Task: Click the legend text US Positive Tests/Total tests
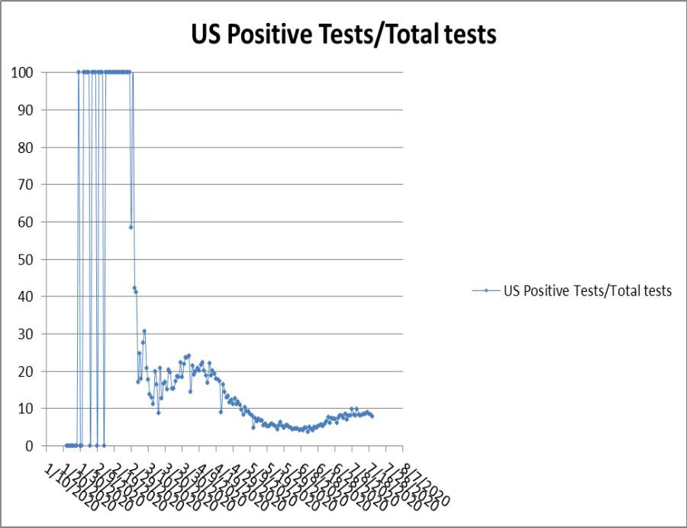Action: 588,290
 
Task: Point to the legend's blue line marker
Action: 485,290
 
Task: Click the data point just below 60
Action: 131,227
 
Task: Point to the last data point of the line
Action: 372,416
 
